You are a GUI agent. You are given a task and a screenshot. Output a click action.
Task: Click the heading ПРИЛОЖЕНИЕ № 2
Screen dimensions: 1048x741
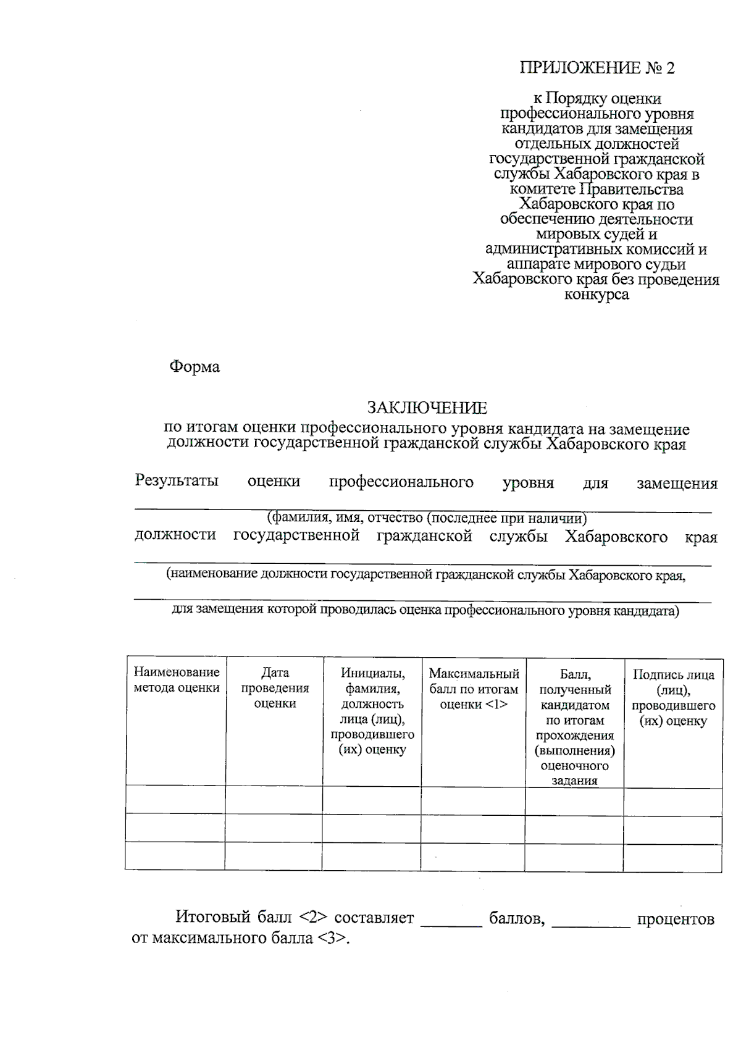(597, 68)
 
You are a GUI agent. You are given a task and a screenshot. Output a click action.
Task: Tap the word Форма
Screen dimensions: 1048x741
(195, 367)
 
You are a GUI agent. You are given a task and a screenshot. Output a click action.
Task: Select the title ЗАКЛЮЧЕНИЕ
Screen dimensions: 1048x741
(427, 408)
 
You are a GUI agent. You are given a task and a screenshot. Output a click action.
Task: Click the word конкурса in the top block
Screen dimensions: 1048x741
(597, 295)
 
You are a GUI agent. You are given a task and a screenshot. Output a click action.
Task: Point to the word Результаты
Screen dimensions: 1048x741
(177, 481)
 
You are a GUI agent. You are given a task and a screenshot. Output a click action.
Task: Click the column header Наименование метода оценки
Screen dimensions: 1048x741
(177, 680)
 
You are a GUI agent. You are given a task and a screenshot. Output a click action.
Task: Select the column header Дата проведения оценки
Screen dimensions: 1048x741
(275, 688)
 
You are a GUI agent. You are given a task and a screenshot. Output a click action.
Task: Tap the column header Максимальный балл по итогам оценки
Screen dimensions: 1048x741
(474, 689)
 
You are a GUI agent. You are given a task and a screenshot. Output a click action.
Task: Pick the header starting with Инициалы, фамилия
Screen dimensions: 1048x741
(372, 711)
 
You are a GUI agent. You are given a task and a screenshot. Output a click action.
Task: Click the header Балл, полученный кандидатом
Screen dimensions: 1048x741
(574, 727)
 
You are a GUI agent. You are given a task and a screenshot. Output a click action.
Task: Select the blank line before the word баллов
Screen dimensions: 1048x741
(451, 923)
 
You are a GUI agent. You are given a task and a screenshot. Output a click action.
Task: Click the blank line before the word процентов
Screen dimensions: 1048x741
(591, 923)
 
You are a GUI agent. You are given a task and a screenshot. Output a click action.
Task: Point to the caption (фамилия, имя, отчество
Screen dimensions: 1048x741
(426, 518)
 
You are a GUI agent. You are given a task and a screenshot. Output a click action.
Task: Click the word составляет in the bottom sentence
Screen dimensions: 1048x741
(374, 918)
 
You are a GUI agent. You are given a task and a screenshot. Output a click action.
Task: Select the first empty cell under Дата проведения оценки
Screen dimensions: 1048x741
(274, 800)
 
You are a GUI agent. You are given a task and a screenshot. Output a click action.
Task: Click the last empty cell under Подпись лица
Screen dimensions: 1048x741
(672, 857)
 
